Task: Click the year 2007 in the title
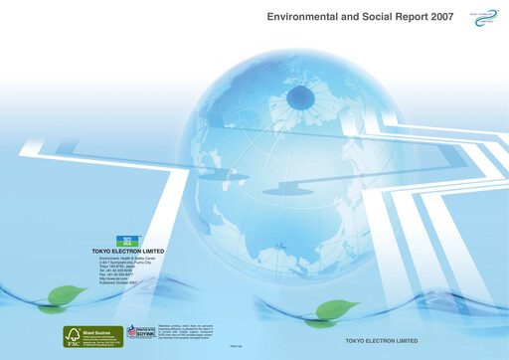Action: pos(436,18)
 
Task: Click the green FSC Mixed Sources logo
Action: pos(93,335)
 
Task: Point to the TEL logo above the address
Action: pos(127,241)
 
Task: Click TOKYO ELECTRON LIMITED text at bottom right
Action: pos(381,340)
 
